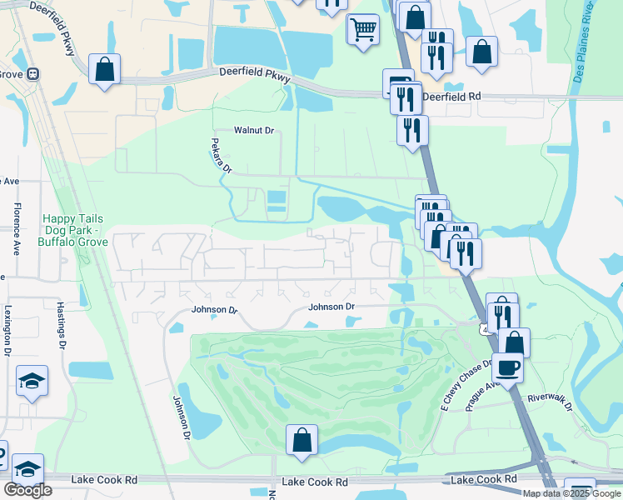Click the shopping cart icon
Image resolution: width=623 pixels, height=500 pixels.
tap(362, 28)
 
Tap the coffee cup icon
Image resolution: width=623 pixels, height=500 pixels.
tap(507, 367)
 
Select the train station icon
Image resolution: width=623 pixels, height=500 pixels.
tap(33, 73)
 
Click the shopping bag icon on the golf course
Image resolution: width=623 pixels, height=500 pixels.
tap(302, 439)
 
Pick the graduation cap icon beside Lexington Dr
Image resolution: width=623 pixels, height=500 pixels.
tap(32, 381)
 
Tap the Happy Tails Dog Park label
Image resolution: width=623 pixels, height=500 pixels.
tap(72, 231)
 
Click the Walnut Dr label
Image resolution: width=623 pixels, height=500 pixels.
tap(254, 130)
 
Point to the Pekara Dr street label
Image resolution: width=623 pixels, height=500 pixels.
tap(221, 156)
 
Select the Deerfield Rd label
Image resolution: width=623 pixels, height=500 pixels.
tap(451, 97)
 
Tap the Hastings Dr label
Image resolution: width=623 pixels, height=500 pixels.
tap(61, 323)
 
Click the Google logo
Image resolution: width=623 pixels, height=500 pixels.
tap(27, 490)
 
